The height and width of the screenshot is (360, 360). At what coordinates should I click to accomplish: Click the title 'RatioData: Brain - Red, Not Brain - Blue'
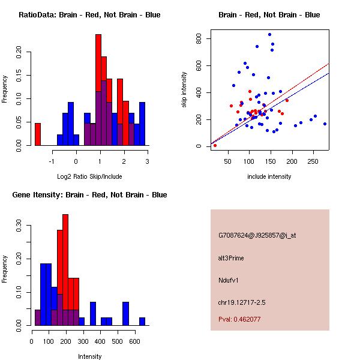click(x=89, y=15)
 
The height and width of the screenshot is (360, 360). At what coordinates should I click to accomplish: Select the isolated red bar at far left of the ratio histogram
click(x=38, y=134)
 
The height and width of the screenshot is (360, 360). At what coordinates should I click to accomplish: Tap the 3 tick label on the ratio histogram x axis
click(x=148, y=161)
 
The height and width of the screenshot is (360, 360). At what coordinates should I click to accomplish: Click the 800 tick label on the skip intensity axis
click(x=199, y=38)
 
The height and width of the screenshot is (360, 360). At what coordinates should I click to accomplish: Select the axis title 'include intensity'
click(x=269, y=176)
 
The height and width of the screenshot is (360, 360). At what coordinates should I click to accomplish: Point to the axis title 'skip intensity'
click(x=184, y=90)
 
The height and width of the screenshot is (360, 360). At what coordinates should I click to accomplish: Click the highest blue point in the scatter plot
click(x=270, y=35)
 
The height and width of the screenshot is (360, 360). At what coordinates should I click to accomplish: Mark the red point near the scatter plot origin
click(x=215, y=145)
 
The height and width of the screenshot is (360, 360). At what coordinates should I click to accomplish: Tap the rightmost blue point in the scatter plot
click(x=325, y=124)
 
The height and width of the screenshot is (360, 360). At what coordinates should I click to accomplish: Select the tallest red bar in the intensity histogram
click(x=65, y=270)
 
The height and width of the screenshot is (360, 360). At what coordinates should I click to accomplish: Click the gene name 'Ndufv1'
click(x=229, y=280)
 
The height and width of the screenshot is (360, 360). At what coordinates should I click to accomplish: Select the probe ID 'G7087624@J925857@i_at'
click(x=257, y=235)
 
